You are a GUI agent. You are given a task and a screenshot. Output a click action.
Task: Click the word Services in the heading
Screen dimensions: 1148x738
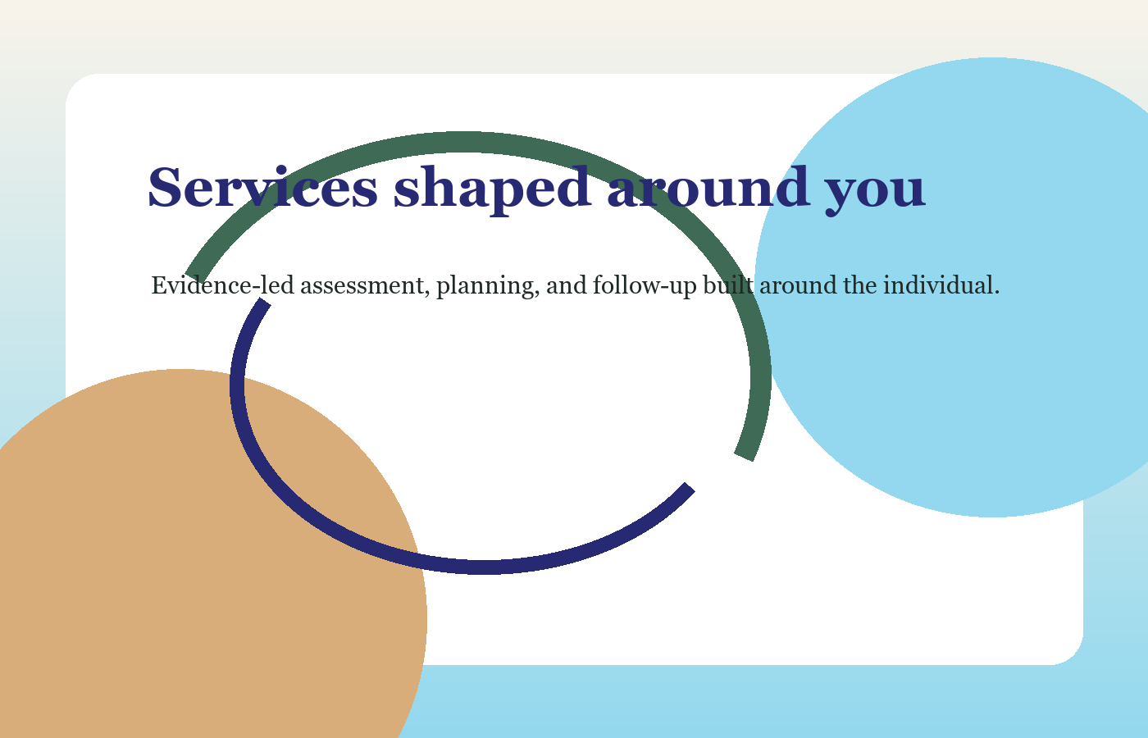pyautogui.click(x=263, y=188)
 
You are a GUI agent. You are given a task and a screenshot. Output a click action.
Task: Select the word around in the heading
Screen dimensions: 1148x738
pyautogui.click(x=708, y=187)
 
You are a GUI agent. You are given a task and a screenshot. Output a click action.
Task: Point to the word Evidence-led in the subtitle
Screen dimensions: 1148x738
pyautogui.click(x=222, y=285)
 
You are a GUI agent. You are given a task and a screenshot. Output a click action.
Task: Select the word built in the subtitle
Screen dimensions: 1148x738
pyautogui.click(x=728, y=285)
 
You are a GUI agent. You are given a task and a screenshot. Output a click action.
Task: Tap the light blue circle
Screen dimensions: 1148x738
pyautogui.click(x=963, y=287)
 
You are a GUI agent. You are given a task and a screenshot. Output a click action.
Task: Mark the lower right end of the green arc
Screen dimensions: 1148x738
pyautogui.click(x=744, y=458)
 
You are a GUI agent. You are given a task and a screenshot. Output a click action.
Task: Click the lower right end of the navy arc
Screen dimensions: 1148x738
pyautogui.click(x=690, y=487)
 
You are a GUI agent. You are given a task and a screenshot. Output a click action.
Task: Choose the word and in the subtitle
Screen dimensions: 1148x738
pyautogui.click(x=567, y=285)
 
